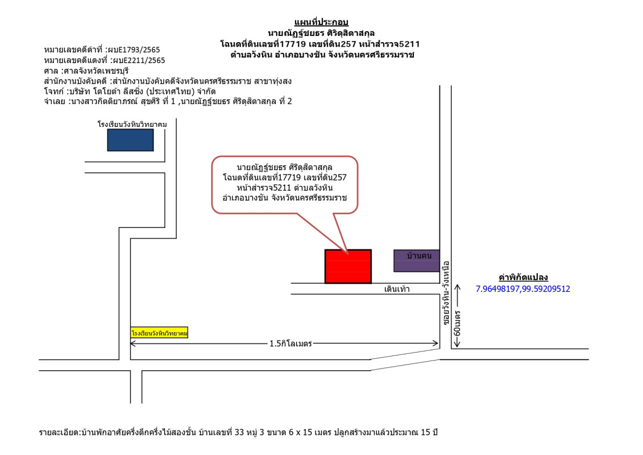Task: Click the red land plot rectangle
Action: tap(348, 266)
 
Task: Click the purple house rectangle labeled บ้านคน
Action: tap(417, 260)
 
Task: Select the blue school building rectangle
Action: tap(130, 140)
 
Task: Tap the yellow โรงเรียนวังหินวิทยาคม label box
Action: tap(159, 333)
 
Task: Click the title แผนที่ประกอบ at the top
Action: tap(321, 22)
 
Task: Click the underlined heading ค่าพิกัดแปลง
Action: tap(522, 278)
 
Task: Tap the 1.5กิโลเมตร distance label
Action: tap(291, 344)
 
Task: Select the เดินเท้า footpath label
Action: tap(397, 289)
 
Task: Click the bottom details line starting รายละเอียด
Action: tap(239, 433)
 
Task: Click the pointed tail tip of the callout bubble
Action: tap(347, 251)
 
